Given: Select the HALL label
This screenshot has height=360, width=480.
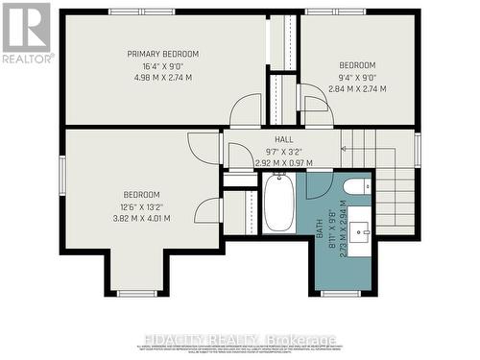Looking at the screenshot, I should [x=283, y=138].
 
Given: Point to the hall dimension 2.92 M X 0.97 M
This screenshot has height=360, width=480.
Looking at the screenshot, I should [x=283, y=163].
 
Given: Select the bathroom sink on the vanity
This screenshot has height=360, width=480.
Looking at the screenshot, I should [x=363, y=229].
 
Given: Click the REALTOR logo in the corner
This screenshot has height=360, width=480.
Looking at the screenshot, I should [x=26, y=33].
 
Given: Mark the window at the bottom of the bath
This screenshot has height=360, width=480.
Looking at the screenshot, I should [x=340, y=293].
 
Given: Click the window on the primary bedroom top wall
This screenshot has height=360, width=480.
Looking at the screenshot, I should [x=134, y=12].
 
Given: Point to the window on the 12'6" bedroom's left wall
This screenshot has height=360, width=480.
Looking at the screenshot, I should [x=62, y=178].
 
